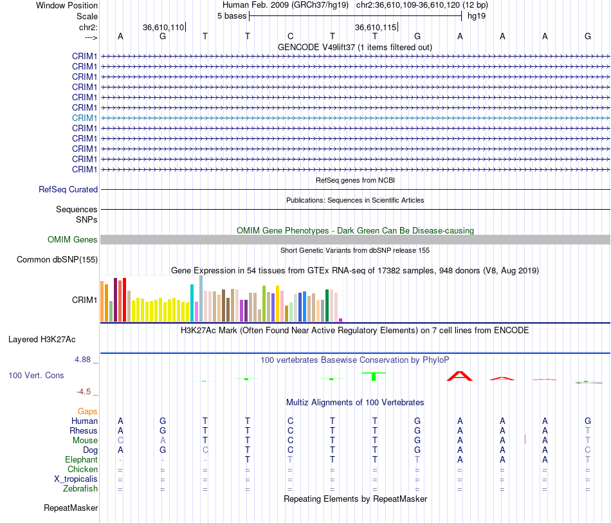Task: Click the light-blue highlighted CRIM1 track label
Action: click(x=84, y=118)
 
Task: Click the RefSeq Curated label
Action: click(x=68, y=189)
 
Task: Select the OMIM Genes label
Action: click(x=73, y=240)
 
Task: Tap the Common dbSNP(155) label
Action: click(x=57, y=259)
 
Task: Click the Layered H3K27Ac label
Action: click(x=42, y=340)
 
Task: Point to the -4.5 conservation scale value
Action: click(x=84, y=392)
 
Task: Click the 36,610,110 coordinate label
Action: click(x=163, y=27)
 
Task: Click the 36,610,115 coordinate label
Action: click(x=376, y=27)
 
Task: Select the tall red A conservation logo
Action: click(x=460, y=376)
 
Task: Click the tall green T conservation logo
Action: click(x=374, y=376)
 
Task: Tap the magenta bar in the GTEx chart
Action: click(x=341, y=320)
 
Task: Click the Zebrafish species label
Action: click(x=80, y=489)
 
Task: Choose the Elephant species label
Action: click(x=81, y=460)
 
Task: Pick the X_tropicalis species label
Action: click(x=76, y=479)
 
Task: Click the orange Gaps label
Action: click(x=87, y=412)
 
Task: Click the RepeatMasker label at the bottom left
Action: click(x=71, y=508)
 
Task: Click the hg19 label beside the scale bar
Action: click(x=477, y=16)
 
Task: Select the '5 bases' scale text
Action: click(x=232, y=16)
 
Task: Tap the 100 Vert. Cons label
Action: click(x=36, y=375)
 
